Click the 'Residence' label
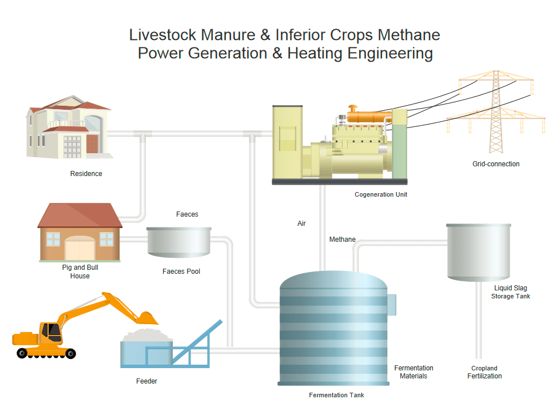pos(86,174)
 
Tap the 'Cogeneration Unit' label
pos(381,195)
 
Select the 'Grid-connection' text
pos(496,164)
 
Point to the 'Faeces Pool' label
pos(181,272)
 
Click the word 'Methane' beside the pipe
pos(343,240)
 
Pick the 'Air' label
pos(301,224)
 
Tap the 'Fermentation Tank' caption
pos(336,395)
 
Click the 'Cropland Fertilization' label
pos(484,372)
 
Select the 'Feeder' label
pos(146,381)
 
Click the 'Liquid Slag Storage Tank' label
pos(511,292)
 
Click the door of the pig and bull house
pos(79,249)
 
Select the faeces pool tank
pos(178,241)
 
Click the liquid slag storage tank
pos(478,252)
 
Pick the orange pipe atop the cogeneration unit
pos(366,116)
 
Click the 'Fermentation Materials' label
pos(413,372)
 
